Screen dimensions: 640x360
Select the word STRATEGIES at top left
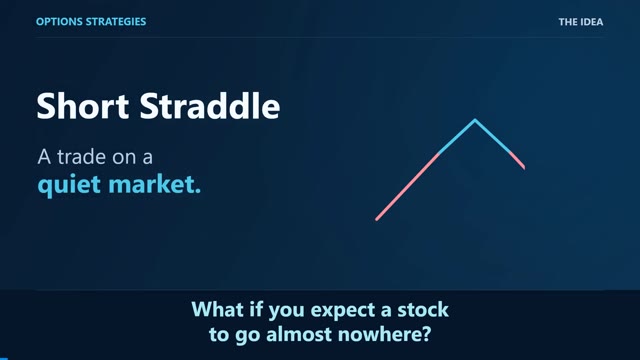tap(116, 22)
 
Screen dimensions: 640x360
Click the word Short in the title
tap(83, 106)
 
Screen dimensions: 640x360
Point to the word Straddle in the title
tap(210, 106)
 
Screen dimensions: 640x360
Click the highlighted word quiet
tap(69, 185)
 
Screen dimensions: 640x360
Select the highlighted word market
tap(155, 184)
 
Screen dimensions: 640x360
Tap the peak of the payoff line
tap(475, 120)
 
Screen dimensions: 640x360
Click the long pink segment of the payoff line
tap(407, 187)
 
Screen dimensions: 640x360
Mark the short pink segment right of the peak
tap(517, 160)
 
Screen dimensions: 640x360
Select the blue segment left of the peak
tap(457, 137)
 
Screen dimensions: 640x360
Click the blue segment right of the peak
tap(493, 136)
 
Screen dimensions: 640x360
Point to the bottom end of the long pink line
tap(377, 220)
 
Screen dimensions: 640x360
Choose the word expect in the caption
tap(343, 310)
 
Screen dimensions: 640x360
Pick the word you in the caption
tap(286, 311)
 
